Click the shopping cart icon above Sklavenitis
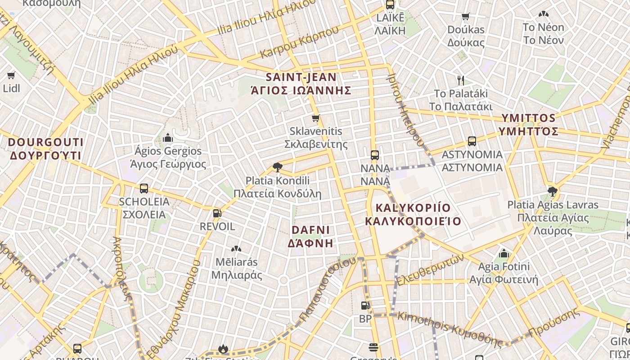point(315,118)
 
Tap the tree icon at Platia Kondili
point(277,167)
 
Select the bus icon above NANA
point(375,155)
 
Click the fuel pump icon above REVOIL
point(217,213)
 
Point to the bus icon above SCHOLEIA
point(144,189)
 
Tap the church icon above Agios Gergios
point(168,137)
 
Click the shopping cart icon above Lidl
point(11,75)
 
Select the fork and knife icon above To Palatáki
point(460,81)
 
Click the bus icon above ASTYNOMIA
point(472,141)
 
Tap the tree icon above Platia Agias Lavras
point(553,192)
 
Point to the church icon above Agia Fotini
point(504,253)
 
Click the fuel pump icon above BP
point(365,306)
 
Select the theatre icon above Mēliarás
point(236,248)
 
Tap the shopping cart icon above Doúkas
point(466,17)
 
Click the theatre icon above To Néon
point(543,14)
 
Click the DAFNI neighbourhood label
point(310,236)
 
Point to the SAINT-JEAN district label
point(301,84)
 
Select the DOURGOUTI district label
point(45,149)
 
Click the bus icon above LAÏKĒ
point(390,5)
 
